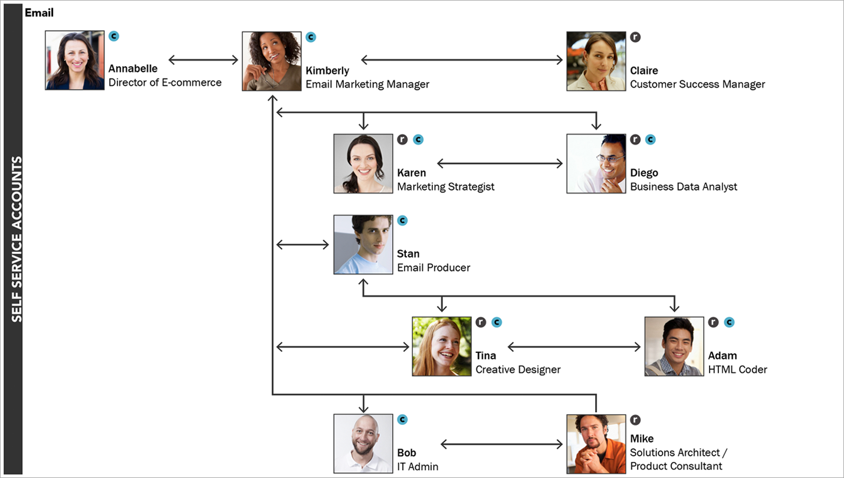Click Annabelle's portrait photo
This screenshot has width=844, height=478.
[x=75, y=60]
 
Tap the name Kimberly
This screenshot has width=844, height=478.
[x=327, y=71]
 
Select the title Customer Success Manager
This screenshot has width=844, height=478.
[x=697, y=84]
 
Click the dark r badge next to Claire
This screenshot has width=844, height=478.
[x=635, y=37]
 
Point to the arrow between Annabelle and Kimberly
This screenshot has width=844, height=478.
[x=203, y=60]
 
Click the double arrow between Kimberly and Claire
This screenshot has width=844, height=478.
[x=462, y=60]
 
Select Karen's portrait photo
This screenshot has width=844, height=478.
[x=363, y=163]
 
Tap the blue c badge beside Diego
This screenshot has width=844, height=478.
[x=650, y=139]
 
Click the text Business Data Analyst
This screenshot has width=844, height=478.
[x=684, y=186]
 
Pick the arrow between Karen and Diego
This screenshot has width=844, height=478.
[x=500, y=163]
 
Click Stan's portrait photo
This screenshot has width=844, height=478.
[x=363, y=244]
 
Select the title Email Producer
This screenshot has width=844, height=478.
[x=434, y=267]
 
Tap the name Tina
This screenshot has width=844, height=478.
[x=486, y=355]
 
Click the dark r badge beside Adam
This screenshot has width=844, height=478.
[x=714, y=322]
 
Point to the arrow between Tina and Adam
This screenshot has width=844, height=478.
[x=574, y=347]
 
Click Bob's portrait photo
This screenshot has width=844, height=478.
[x=363, y=444]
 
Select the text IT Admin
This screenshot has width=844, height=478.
[x=418, y=466]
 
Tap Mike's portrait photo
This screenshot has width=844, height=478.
[x=596, y=444]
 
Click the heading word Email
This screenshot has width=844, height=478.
[x=39, y=12]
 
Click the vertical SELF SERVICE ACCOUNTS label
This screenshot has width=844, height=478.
[x=17, y=239]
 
